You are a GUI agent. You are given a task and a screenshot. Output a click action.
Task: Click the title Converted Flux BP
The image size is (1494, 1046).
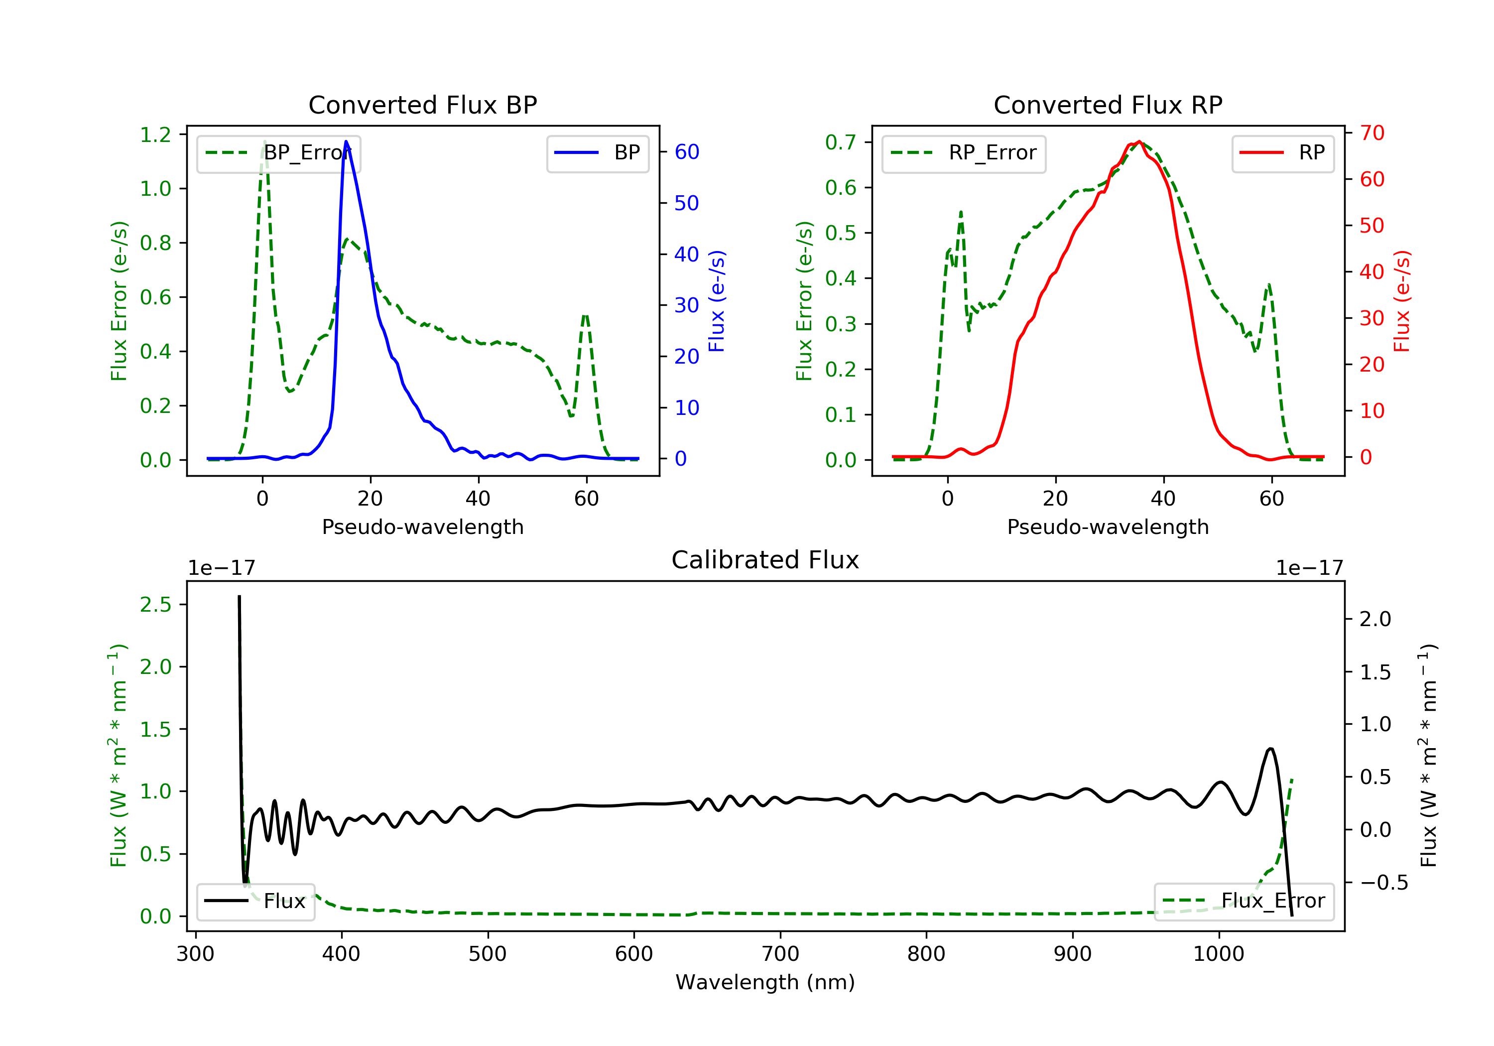[x=422, y=105]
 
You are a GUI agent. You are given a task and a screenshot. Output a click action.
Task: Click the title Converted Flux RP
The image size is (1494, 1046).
[x=1108, y=105]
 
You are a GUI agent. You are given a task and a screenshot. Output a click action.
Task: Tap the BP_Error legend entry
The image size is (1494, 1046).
[x=278, y=153]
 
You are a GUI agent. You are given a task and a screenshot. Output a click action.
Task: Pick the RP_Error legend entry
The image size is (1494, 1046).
[x=964, y=153]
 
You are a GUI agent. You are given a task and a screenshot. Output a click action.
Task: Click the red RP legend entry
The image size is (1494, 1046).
[x=1282, y=153]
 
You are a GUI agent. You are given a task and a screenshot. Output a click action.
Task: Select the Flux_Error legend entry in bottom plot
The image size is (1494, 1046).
[x=1244, y=901]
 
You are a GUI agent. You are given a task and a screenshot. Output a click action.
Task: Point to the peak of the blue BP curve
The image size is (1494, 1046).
[x=346, y=141]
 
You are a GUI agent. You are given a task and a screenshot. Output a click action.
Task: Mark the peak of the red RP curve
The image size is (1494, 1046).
[x=1139, y=142]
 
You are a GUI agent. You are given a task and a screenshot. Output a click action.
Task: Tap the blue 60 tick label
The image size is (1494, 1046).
[x=686, y=152]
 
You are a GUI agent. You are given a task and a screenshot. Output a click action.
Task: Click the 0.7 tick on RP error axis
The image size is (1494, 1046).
[x=841, y=142]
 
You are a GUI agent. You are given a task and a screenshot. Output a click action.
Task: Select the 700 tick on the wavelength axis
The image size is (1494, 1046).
[x=780, y=954]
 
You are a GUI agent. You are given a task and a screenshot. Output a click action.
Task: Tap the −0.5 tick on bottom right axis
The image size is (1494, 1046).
[x=1383, y=883]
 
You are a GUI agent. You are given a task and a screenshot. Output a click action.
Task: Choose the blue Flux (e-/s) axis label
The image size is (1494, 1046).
[x=717, y=301]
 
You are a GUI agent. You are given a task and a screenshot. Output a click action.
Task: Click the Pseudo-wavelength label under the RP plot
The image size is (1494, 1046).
[x=1108, y=526]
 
